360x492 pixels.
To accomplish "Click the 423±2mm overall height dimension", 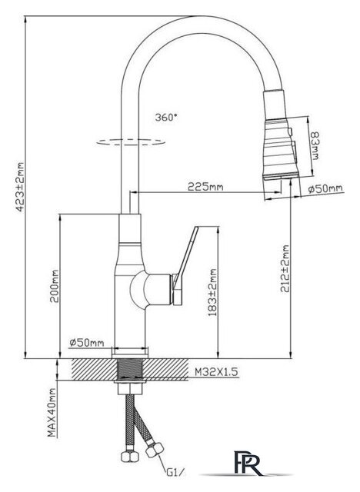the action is click(x=20, y=187).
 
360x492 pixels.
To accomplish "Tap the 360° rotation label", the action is click(x=166, y=118).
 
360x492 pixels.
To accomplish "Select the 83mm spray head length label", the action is click(x=314, y=145).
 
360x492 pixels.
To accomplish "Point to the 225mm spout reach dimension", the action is click(x=205, y=187).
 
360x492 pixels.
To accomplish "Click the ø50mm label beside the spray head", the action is click(x=325, y=188).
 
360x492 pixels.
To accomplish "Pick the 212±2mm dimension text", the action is click(x=285, y=268).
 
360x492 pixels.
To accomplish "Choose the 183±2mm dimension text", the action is click(x=212, y=292).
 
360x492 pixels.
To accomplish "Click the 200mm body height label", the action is click(x=55, y=286).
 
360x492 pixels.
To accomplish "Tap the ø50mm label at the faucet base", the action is click(x=87, y=343).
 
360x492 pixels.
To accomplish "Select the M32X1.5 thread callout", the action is click(x=216, y=372).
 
